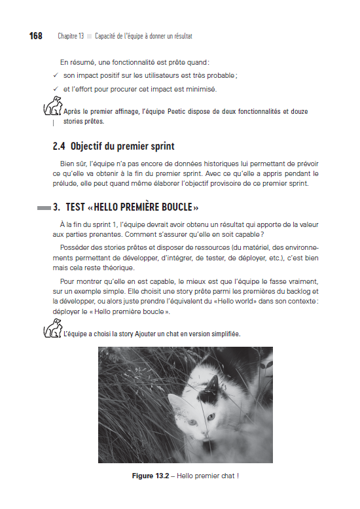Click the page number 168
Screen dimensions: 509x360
coord(36,35)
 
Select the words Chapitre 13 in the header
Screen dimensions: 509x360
coord(71,36)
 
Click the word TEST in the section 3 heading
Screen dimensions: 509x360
coord(75,207)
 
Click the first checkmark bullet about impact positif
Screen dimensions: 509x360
coord(56,76)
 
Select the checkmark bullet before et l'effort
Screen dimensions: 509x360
coord(56,89)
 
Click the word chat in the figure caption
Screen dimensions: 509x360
coord(226,475)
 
